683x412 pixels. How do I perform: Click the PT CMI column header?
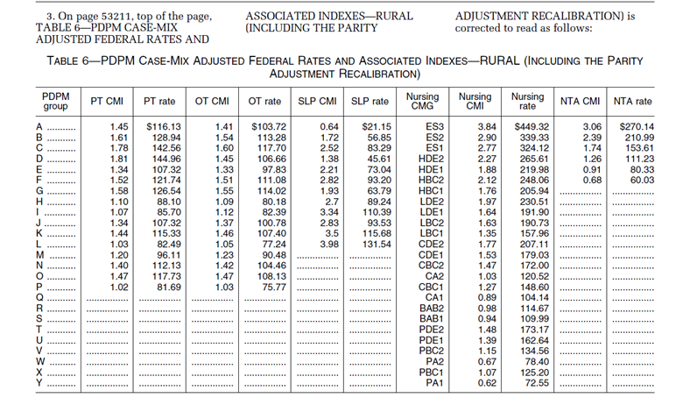click(x=107, y=102)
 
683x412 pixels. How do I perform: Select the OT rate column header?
click(x=264, y=102)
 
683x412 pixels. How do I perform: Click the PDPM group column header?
click(x=55, y=101)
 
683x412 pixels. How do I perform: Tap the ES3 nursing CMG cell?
click(x=433, y=127)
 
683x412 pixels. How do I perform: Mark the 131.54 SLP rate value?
click(x=374, y=244)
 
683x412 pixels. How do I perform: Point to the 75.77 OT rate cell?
click(x=274, y=287)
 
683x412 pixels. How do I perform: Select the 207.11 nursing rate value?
click(x=532, y=244)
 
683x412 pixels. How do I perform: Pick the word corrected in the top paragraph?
click(x=479, y=27)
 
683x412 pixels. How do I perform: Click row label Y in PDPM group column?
click(x=39, y=384)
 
